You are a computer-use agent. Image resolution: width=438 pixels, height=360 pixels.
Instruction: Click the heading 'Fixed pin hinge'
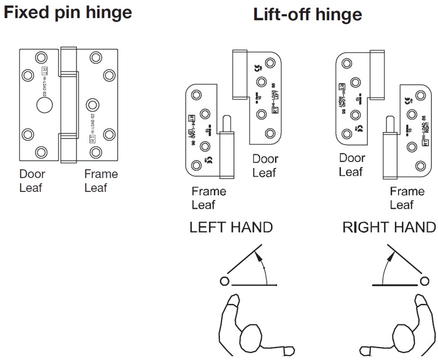pyautogui.click(x=68, y=12)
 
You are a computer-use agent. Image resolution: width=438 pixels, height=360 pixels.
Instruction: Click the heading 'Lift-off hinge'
pyautogui.click(x=307, y=15)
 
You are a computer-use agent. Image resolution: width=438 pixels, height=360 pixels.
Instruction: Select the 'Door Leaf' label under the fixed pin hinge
pyautogui.click(x=32, y=181)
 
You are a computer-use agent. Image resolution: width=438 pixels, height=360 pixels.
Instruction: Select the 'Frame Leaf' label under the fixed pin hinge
pyautogui.click(x=101, y=181)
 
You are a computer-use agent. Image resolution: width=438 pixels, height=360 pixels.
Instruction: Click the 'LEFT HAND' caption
pyautogui.click(x=231, y=227)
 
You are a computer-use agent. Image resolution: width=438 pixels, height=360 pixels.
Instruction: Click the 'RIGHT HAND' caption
pyautogui.click(x=389, y=227)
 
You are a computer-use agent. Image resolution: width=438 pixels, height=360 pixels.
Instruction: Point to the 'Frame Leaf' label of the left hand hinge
pyautogui.click(x=208, y=198)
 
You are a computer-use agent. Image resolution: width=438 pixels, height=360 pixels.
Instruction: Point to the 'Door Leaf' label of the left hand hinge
pyautogui.click(x=265, y=166)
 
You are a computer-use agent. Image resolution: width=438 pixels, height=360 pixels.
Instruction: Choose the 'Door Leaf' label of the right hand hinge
pyautogui.click(x=352, y=165)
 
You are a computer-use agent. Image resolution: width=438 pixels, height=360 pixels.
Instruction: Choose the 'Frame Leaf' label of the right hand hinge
pyautogui.click(x=407, y=198)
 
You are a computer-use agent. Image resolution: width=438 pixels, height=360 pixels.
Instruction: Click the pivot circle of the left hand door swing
pyautogui.click(x=224, y=281)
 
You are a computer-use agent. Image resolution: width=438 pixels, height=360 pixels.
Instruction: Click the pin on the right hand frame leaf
pyautogui.click(x=389, y=125)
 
